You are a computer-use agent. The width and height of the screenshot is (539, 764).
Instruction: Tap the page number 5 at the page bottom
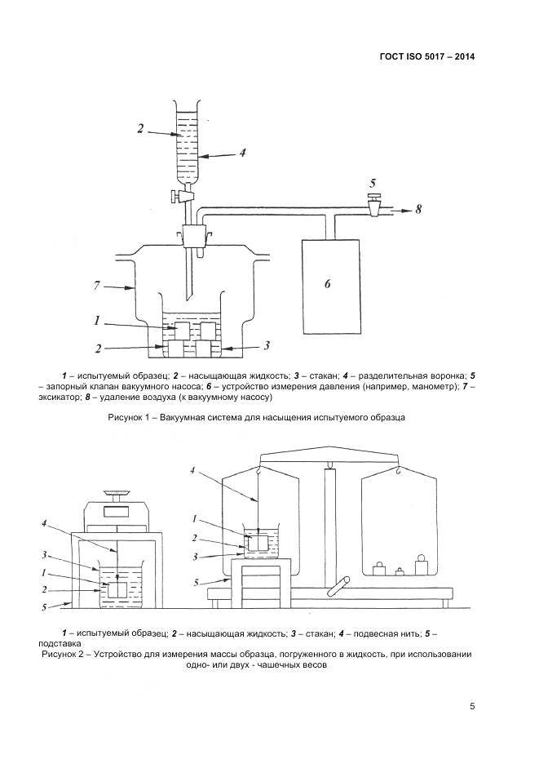coord(472,706)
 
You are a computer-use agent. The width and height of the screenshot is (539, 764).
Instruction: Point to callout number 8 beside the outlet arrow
coord(418,210)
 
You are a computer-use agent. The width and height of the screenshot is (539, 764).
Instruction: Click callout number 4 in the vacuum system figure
coord(241,152)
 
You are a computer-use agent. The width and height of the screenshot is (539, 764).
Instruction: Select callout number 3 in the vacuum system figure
coord(266,344)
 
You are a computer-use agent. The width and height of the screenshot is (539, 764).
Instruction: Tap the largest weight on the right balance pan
coord(422,566)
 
